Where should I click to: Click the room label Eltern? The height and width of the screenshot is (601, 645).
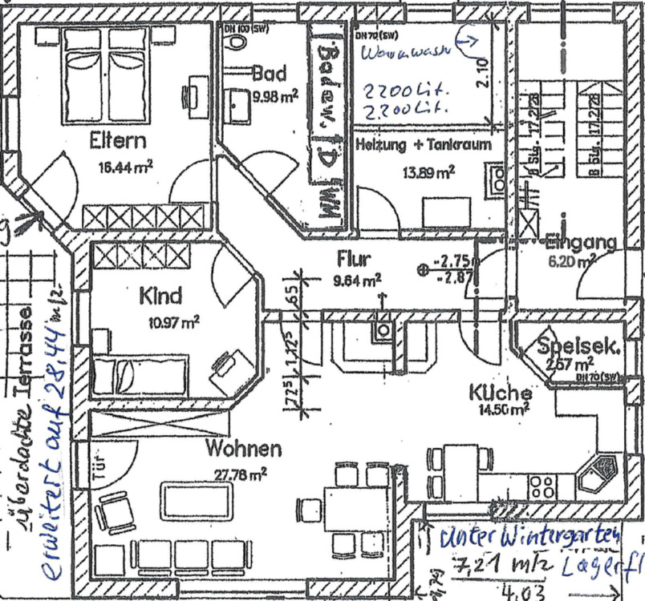point(118,142)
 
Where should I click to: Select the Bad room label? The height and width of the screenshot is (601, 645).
point(269,75)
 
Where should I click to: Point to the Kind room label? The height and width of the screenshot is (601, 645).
point(161,296)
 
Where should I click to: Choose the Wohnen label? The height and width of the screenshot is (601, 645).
point(243,448)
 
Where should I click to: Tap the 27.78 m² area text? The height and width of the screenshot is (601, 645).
point(240,474)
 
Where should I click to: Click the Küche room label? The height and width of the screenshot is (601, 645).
point(501,393)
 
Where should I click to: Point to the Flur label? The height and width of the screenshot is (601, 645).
point(353,260)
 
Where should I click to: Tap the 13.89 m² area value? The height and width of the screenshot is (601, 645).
point(428,170)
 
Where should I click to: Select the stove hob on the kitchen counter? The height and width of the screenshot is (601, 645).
point(542,485)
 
